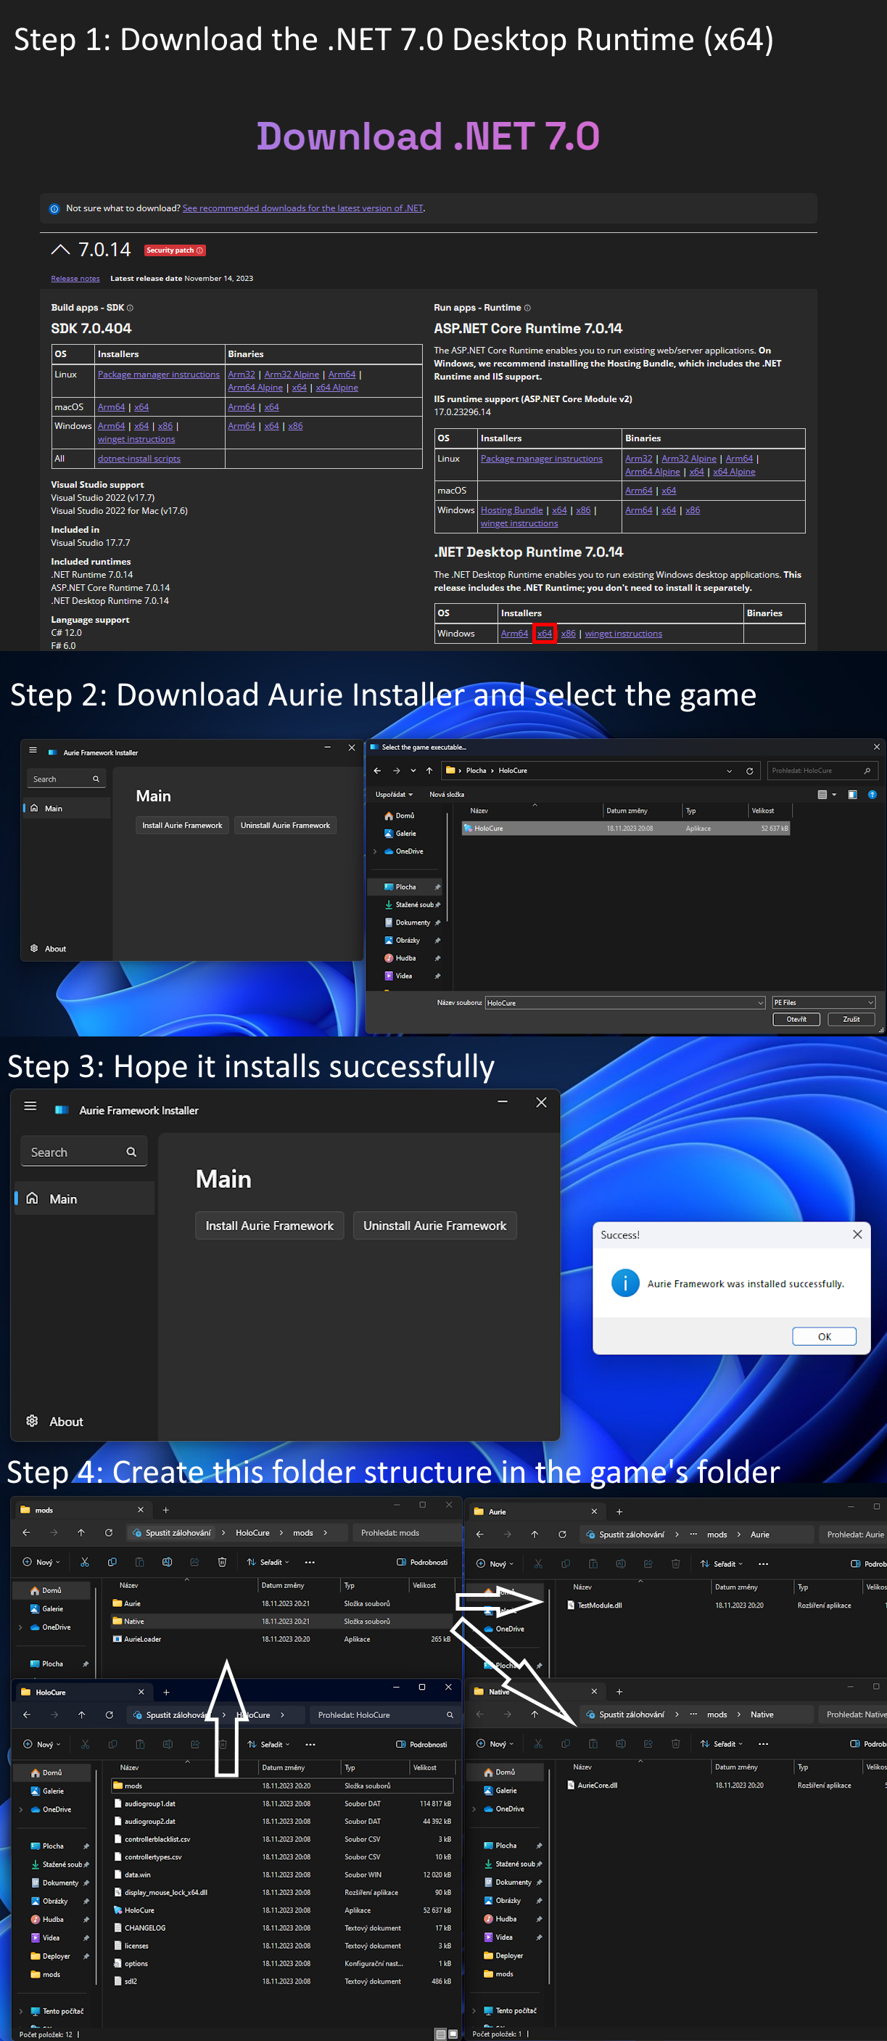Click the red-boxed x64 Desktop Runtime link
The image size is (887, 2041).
click(x=544, y=633)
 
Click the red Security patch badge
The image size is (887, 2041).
click(x=174, y=250)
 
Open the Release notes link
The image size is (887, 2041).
click(x=75, y=278)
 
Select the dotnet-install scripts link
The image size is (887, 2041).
click(x=139, y=459)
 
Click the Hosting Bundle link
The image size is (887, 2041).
click(x=511, y=510)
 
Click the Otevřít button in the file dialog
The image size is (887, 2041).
click(x=796, y=1020)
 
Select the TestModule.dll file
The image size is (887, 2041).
click(x=599, y=1606)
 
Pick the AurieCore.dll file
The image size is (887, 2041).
click(x=597, y=1785)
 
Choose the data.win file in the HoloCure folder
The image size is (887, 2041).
click(x=137, y=1875)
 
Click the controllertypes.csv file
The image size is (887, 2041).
click(x=152, y=1857)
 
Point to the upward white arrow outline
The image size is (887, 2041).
click(x=226, y=1719)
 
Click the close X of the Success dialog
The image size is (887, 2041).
click(x=857, y=1235)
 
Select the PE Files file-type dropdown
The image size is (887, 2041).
click(x=824, y=1002)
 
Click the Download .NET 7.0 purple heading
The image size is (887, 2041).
click(x=428, y=136)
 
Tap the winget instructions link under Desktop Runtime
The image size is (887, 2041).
click(x=623, y=633)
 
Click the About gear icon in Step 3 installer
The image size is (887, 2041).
click(x=33, y=1420)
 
